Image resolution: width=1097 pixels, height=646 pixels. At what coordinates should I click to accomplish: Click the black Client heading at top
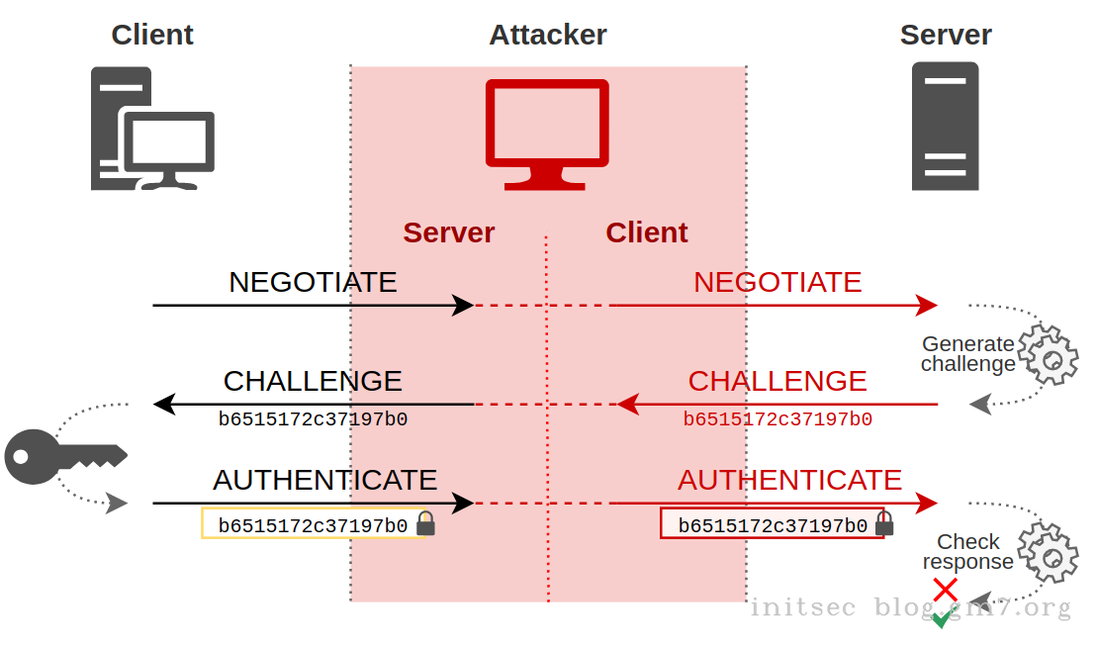click(152, 35)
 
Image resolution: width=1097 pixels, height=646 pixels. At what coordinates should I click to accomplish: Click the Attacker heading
click(548, 35)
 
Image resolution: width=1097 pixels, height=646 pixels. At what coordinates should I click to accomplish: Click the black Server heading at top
click(946, 35)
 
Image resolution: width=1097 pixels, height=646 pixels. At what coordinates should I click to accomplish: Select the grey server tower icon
click(945, 126)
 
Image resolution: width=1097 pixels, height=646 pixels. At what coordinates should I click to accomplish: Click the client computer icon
click(152, 129)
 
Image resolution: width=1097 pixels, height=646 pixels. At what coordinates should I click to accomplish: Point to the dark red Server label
click(448, 232)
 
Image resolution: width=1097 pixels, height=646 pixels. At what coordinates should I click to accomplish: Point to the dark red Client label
click(647, 232)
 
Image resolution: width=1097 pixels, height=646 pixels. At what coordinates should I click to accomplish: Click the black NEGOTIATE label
click(313, 282)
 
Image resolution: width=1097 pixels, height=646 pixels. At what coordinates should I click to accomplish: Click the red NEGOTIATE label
click(777, 282)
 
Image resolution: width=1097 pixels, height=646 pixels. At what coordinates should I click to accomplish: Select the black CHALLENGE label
click(313, 381)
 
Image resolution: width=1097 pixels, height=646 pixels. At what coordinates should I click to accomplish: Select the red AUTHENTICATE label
click(789, 480)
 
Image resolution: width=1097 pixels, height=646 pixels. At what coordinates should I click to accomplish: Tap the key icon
click(65, 456)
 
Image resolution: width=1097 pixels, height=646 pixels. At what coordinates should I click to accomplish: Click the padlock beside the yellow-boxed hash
click(425, 523)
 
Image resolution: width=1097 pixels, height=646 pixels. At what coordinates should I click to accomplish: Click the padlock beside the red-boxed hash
click(884, 523)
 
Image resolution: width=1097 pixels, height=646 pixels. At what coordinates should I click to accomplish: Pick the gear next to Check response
click(1049, 553)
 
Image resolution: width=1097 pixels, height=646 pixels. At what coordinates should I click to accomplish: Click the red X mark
click(946, 590)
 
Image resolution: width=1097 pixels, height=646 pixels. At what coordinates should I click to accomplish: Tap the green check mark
click(942, 618)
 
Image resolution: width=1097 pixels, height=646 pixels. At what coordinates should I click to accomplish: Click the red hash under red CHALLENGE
click(777, 419)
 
